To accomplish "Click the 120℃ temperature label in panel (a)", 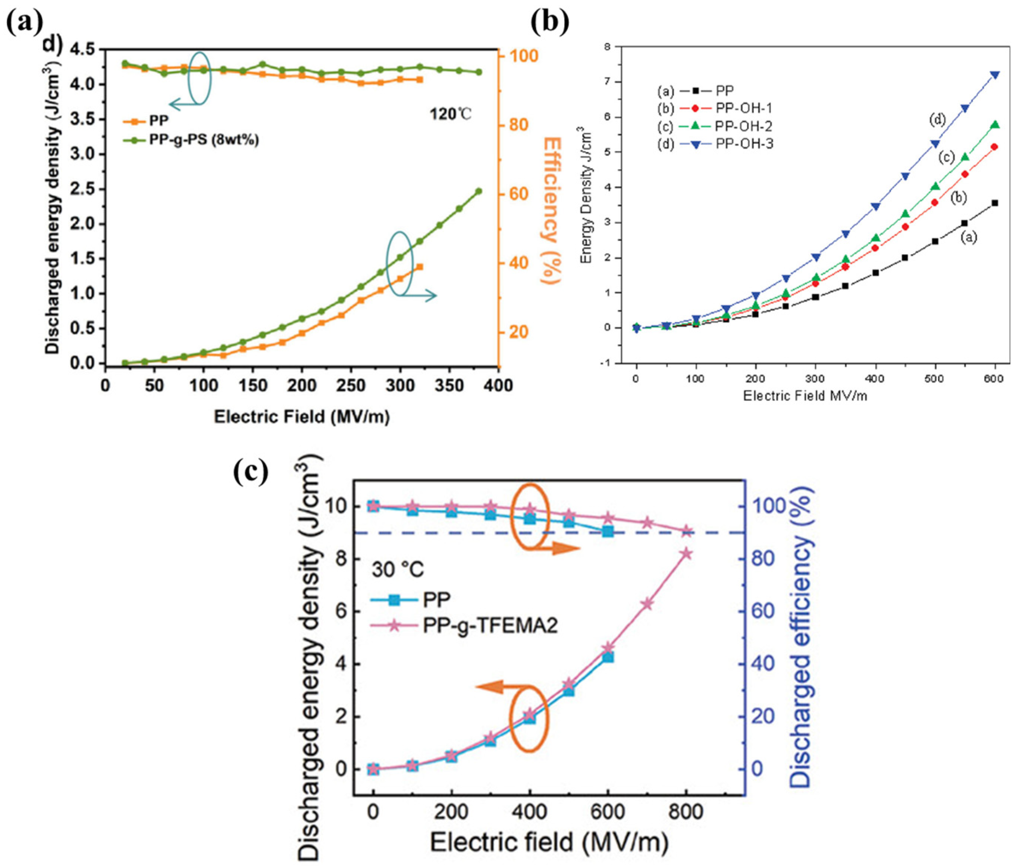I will pyautogui.click(x=451, y=114).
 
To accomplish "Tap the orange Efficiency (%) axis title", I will pyautogui.click(x=552, y=211).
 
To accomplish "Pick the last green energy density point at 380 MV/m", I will pyautogui.click(x=479, y=191).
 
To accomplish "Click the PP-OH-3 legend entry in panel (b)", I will pyautogui.click(x=744, y=144).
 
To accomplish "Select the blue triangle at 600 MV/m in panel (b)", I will pyautogui.click(x=995, y=75).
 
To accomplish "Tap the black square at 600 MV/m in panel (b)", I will pyautogui.click(x=995, y=203).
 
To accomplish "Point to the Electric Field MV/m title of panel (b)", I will pyautogui.click(x=805, y=396).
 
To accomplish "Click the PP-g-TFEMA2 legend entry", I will pyautogui.click(x=489, y=626).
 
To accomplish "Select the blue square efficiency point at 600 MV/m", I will pyautogui.click(x=608, y=532).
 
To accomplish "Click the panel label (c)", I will pyautogui.click(x=251, y=471).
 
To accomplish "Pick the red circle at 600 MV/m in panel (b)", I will pyautogui.click(x=995, y=147).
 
